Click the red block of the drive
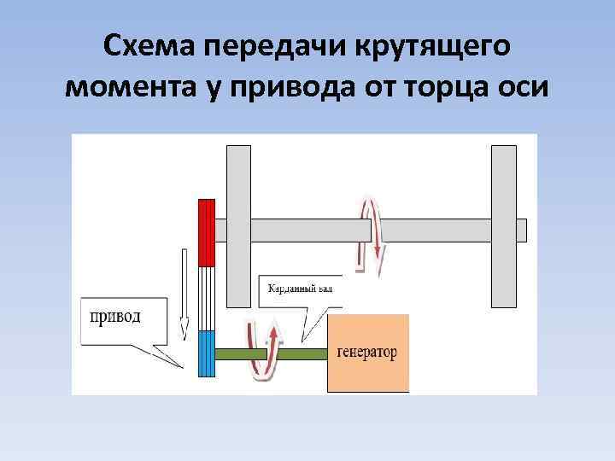click(x=206, y=232)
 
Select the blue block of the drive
click(x=206, y=353)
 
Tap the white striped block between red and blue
click(x=206, y=299)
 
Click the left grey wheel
click(x=238, y=226)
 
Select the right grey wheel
click(x=504, y=226)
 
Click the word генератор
click(x=367, y=353)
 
